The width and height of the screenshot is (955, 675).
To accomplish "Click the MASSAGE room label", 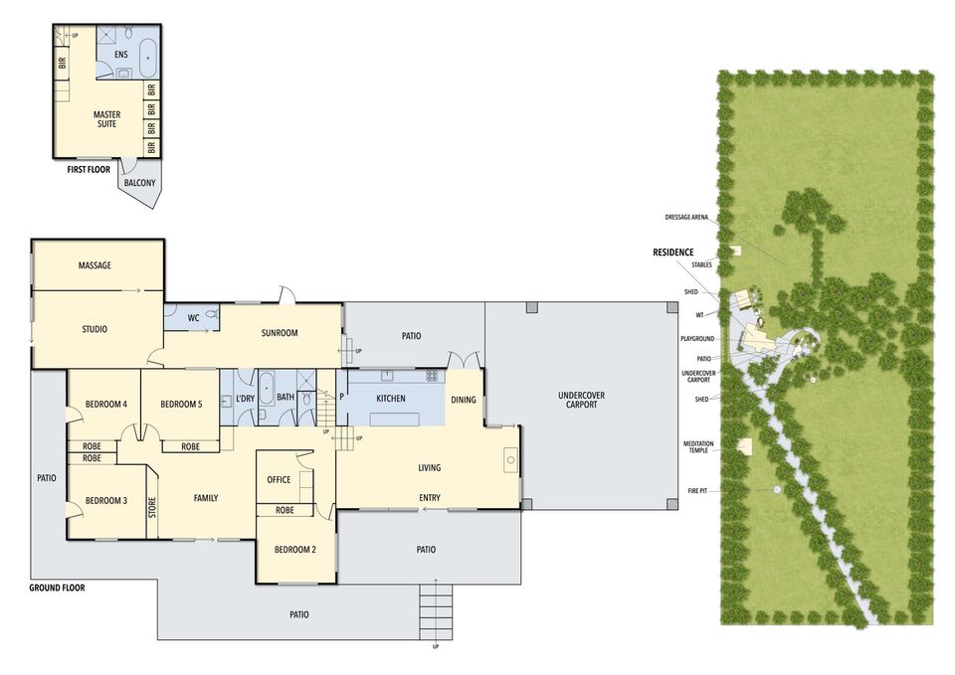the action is (x=95, y=265).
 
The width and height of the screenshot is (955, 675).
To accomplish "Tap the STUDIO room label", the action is (x=95, y=329).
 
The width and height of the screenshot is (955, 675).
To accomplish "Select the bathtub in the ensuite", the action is (x=147, y=58).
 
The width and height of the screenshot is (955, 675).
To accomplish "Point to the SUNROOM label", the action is (x=279, y=333).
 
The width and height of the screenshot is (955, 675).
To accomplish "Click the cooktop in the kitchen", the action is (x=432, y=376).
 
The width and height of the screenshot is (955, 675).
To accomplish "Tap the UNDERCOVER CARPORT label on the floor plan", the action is (x=582, y=400).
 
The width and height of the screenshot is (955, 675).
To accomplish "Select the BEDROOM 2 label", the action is (x=294, y=550).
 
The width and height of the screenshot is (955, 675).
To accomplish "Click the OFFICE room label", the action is (x=279, y=479).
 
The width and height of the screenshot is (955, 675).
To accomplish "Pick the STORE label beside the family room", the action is (x=152, y=509).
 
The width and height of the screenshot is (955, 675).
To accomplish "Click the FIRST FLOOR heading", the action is (x=89, y=170).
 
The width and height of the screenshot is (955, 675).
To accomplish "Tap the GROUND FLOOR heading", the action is (x=58, y=588).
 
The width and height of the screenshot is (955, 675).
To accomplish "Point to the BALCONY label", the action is (x=139, y=183).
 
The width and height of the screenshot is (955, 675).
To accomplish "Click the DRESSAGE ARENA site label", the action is (x=686, y=218).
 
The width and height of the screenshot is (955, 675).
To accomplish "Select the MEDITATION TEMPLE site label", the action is (x=698, y=447).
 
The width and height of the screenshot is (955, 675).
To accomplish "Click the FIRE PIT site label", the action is (x=697, y=490).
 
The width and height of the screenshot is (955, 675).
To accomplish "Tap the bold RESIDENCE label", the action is (x=673, y=252).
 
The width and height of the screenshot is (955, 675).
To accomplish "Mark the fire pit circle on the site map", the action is (x=777, y=489).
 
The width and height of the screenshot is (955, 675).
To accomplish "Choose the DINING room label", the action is (x=464, y=400).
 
